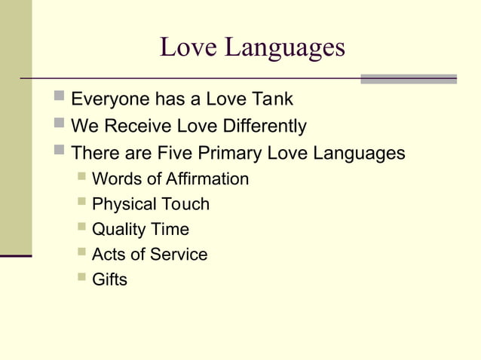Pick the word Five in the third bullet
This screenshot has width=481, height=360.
point(175,153)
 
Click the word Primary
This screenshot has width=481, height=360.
point(228,153)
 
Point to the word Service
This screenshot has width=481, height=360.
point(179,255)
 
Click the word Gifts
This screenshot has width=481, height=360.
point(109,279)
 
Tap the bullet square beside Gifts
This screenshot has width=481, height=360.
point(81,278)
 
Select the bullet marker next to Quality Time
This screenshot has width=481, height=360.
point(81,227)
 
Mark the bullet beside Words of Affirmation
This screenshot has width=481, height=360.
point(81,178)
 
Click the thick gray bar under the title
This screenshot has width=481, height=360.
point(408,78)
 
